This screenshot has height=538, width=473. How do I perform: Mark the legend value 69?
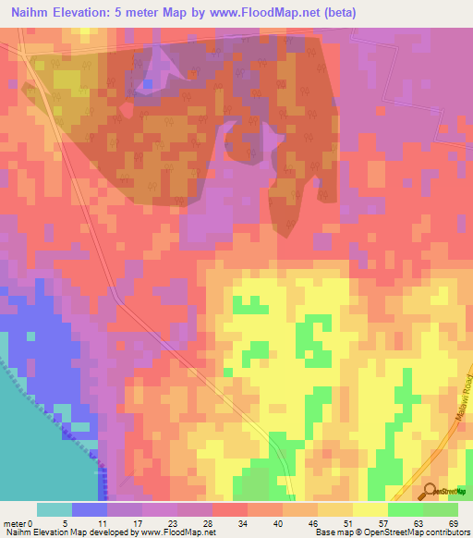(454, 523)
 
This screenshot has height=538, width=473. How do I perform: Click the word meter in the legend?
(16, 523)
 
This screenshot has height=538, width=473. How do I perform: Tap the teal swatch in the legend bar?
(55, 509)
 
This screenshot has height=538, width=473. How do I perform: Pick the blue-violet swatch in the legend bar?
(90, 509)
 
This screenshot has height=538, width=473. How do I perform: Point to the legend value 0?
(33, 523)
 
